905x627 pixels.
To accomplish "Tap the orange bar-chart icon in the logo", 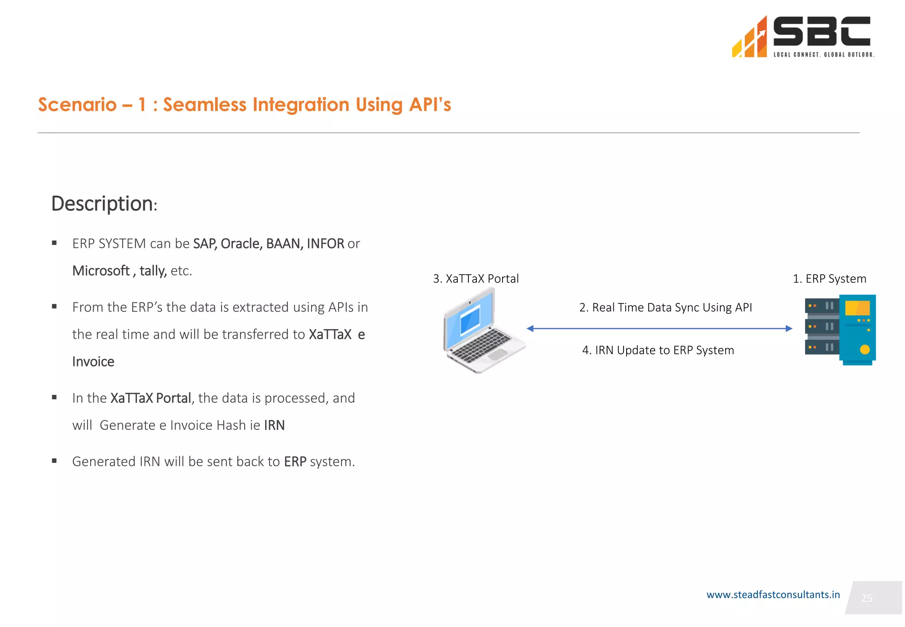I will click(749, 39).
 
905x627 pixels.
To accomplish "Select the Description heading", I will click(104, 204).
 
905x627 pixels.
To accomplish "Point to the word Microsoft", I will click(101, 271).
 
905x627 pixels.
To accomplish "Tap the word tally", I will click(152, 271).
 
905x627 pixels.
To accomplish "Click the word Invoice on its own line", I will click(93, 362).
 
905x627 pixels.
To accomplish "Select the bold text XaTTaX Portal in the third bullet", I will click(150, 398).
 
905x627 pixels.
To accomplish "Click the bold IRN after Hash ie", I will click(274, 425).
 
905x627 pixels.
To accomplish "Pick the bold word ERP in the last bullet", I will click(295, 462).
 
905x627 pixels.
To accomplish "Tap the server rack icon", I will click(840, 329).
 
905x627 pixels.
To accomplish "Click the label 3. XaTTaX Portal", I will click(475, 279).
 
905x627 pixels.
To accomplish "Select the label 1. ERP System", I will click(829, 279).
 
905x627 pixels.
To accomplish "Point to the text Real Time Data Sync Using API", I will click(665, 307).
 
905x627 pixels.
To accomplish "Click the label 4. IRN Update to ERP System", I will click(658, 350).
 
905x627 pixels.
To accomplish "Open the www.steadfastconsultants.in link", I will click(772, 595).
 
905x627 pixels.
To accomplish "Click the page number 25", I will click(867, 598).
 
